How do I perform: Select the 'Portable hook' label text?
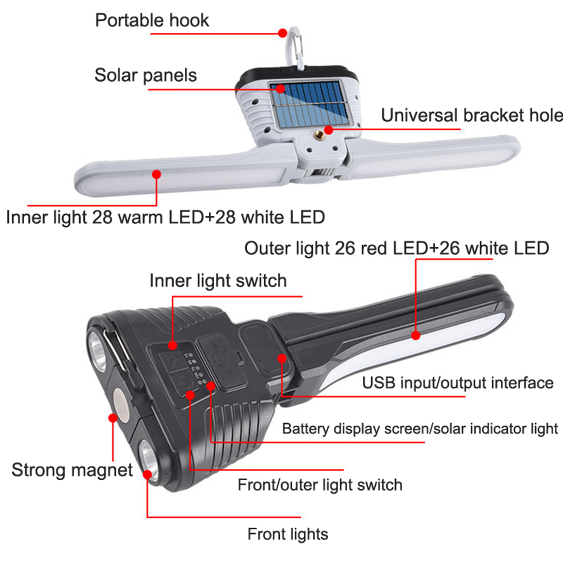tap(152, 20)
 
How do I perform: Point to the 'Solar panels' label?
tap(146, 75)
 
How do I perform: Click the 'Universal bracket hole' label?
tap(472, 115)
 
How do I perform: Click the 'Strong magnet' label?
tap(72, 470)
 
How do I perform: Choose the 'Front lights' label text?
tap(288, 534)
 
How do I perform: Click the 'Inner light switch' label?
tap(218, 281)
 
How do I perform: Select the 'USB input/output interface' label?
tap(457, 383)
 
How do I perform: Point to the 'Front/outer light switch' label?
tap(320, 485)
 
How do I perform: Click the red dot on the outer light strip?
tap(416, 335)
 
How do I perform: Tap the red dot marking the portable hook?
tap(283, 33)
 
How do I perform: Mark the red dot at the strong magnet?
tap(113, 418)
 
